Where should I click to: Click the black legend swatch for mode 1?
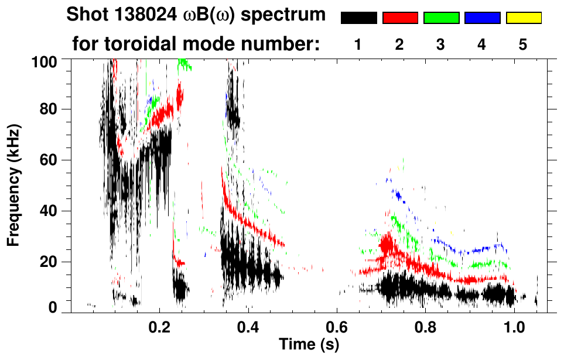pyautogui.click(x=358, y=18)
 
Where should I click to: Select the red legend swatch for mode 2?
pyautogui.click(x=400, y=18)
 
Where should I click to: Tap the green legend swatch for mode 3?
pyautogui.click(x=441, y=18)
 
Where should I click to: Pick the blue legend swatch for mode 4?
pyautogui.click(x=482, y=18)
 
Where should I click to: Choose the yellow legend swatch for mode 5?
pyautogui.click(x=523, y=18)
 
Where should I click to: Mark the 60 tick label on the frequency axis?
pyautogui.click(x=51, y=160)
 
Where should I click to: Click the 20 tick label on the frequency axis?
pyautogui.click(x=51, y=261)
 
